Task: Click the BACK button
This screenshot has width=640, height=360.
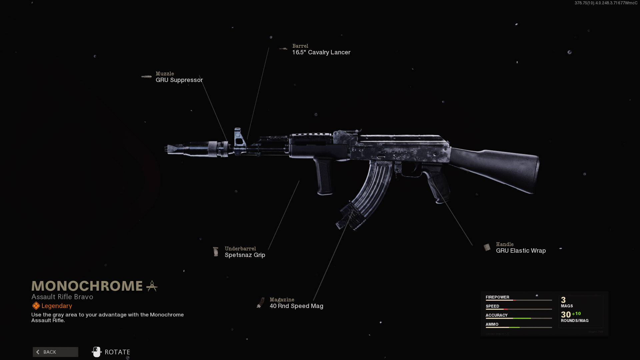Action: [x=55, y=352]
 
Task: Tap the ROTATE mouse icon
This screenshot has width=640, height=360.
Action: [x=97, y=352]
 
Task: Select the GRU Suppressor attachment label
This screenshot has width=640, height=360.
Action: [x=179, y=80]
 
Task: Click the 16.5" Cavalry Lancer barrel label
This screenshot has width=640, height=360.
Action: [x=321, y=52]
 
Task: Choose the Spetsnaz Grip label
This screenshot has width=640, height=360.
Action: [x=245, y=255]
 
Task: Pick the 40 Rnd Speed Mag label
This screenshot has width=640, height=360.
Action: [x=296, y=306]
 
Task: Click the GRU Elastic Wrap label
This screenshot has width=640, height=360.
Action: [x=521, y=251]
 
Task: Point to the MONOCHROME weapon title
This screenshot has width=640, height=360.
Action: [x=87, y=286]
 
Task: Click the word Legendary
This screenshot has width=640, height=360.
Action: [x=57, y=306]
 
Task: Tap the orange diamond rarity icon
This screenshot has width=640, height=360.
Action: [x=36, y=306]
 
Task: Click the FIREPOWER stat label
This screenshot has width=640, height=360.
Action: [x=497, y=297]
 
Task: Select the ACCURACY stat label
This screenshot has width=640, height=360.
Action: [x=496, y=315]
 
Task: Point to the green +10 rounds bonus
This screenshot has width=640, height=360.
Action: [x=576, y=314]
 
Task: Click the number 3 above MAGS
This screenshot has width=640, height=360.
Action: [x=563, y=300]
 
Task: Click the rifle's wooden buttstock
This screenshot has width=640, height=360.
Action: [x=500, y=168]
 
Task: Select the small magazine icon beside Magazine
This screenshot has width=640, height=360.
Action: [x=260, y=303]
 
